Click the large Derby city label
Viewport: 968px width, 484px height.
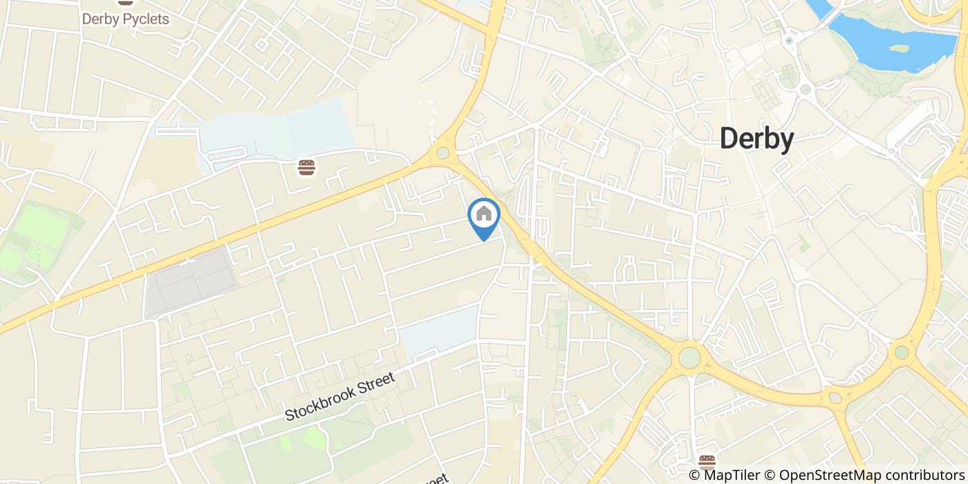click(x=756, y=139)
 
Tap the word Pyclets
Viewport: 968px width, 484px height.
click(x=145, y=19)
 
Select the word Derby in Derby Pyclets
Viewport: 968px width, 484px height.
click(x=100, y=19)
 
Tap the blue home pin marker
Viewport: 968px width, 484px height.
click(x=484, y=216)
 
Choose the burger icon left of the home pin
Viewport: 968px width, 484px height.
click(x=307, y=167)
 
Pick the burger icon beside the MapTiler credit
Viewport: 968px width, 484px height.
click(x=707, y=461)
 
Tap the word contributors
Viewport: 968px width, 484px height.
click(x=919, y=475)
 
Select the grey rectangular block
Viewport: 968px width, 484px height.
click(x=192, y=283)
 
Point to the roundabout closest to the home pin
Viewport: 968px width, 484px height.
click(x=443, y=153)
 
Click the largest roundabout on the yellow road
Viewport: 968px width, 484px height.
click(x=689, y=357)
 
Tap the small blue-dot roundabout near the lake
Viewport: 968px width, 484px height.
click(x=789, y=41)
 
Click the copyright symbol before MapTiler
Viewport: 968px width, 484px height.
click(x=694, y=475)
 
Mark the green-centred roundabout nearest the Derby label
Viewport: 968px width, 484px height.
click(x=805, y=89)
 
